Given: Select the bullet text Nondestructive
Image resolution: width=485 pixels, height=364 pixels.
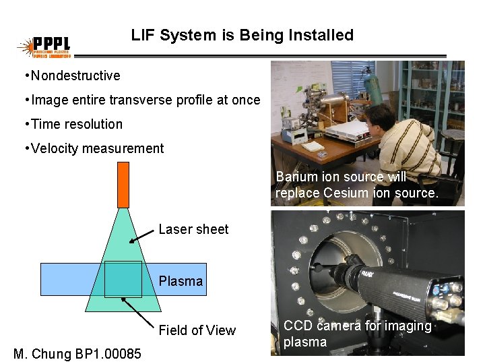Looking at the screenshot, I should [x=75, y=75].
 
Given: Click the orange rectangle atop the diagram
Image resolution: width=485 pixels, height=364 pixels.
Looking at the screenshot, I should [x=123, y=185].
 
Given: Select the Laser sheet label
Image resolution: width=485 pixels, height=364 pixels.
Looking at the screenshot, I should [x=193, y=229].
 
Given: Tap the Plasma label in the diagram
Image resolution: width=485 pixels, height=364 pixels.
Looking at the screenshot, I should [x=181, y=280].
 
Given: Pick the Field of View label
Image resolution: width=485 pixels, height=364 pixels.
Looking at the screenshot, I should [x=197, y=330].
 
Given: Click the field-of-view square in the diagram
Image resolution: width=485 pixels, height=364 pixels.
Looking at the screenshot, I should [x=123, y=279].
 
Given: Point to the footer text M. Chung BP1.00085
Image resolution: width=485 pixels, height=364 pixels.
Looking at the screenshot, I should [x=77, y=353].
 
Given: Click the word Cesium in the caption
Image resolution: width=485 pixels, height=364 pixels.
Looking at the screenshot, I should [x=344, y=192].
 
